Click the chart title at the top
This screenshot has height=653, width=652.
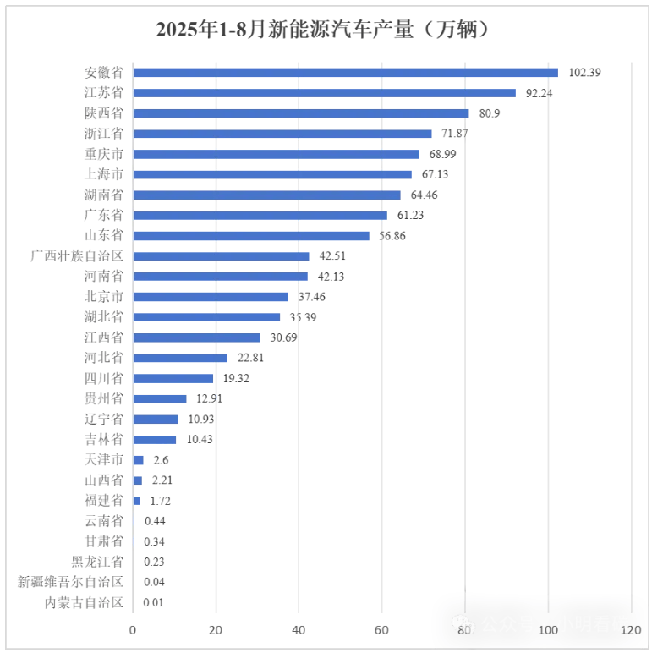coord(325,29)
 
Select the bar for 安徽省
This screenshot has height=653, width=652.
coord(345,73)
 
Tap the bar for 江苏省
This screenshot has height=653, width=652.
coord(324,93)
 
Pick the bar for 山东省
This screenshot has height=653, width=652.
coord(251,236)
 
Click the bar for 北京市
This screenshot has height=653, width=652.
coord(211,297)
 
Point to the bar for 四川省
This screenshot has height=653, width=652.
coord(173,378)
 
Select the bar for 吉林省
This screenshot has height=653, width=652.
coord(155,439)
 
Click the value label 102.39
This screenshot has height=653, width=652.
coord(584,73)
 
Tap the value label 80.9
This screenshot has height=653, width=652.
coord(489,113)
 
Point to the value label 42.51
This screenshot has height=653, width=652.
coord(329,256)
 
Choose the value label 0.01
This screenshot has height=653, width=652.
coord(153,603)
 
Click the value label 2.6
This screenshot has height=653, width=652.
coord(156,460)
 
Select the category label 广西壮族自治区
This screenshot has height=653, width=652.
coord(77,256)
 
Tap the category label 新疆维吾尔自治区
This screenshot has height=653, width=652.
coord(71,582)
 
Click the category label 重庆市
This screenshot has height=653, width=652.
coord(104,154)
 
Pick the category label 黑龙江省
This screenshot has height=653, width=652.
coord(97,562)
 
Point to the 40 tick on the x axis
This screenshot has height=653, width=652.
coord(299,630)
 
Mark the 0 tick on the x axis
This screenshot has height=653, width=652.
coord(133,630)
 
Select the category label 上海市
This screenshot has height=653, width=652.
coord(104,174)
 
